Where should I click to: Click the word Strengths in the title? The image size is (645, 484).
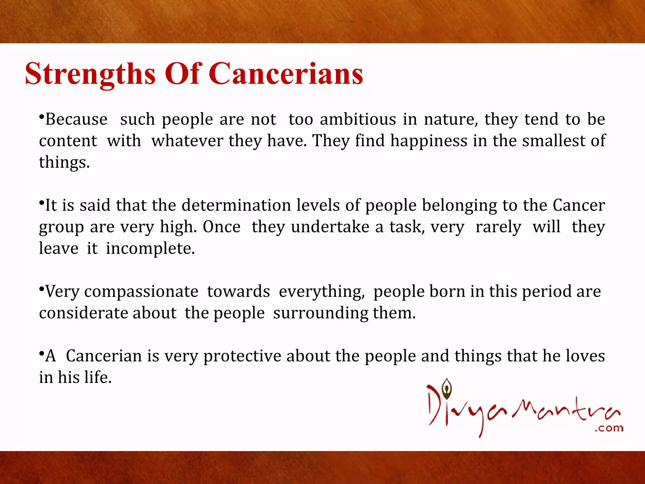pyautogui.click(x=90, y=74)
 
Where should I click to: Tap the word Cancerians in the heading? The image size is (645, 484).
pyautogui.click(x=286, y=74)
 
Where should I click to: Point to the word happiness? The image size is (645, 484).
pyautogui.click(x=429, y=141)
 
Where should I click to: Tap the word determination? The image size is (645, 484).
pyautogui.click(x=236, y=205)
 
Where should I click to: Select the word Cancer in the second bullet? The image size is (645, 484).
pyautogui.click(x=579, y=205)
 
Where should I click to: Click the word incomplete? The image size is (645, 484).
pyautogui.click(x=150, y=249)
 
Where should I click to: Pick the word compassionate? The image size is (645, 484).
pyautogui.click(x=141, y=292)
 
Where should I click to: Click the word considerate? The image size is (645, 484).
pyautogui.click(x=83, y=313)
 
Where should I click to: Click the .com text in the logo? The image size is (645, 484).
pyautogui.click(x=609, y=428)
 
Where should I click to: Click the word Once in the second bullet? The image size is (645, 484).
pyautogui.click(x=221, y=227)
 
